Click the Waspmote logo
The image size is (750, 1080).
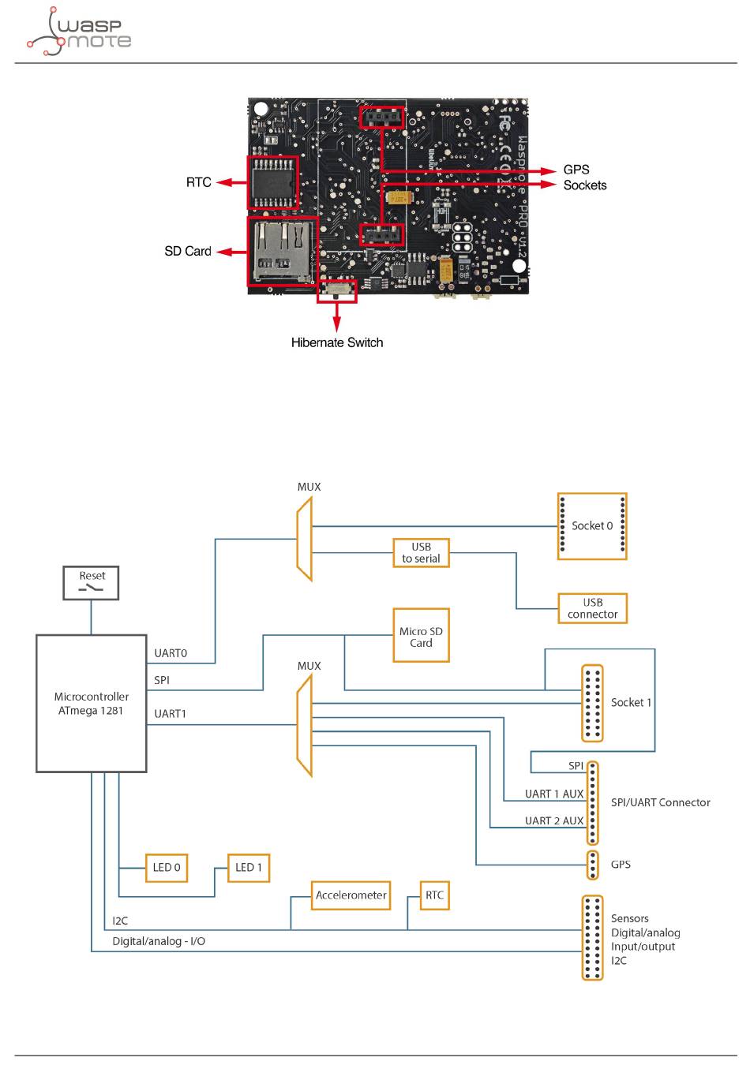[79, 32]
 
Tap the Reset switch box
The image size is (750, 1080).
[91, 582]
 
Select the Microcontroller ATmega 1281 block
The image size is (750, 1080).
[92, 703]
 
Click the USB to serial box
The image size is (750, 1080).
[421, 552]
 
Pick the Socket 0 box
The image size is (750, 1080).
[591, 526]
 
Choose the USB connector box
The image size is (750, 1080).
[592, 608]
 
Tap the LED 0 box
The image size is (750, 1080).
[166, 867]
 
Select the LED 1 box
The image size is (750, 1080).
[248, 867]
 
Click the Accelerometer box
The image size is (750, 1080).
[351, 895]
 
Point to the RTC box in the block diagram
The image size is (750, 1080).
[434, 895]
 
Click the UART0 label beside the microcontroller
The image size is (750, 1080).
[171, 653]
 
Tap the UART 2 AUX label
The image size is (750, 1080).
[554, 820]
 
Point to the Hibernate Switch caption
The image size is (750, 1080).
[337, 342]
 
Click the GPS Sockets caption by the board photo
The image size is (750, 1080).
[585, 177]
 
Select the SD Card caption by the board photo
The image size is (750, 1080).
[188, 251]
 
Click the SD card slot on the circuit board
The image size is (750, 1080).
[283, 251]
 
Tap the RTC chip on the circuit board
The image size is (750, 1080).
[272, 183]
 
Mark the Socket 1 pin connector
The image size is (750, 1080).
[592, 703]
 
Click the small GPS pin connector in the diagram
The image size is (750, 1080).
[593, 865]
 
